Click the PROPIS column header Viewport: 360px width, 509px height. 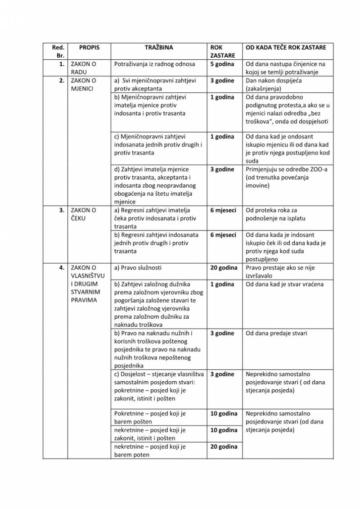pyautogui.click(x=89, y=47)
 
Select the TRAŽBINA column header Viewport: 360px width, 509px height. pyautogui.click(x=159, y=47)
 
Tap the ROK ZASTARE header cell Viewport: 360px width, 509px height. pyautogui.click(x=222, y=51)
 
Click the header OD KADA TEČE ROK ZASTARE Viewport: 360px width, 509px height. pyautogui.click(x=286, y=47)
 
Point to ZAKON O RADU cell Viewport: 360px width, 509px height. pyautogui.click(x=84, y=68)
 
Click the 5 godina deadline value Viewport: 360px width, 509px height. pyautogui.click(x=222, y=64)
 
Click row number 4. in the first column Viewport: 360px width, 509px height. pyautogui.click(x=61, y=268)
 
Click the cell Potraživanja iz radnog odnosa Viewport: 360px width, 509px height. pyautogui.click(x=155, y=64)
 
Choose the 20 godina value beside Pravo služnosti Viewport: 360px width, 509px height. pyautogui.click(x=224, y=268)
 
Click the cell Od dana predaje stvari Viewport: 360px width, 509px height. pyautogui.click(x=277, y=333)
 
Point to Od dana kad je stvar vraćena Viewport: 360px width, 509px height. pyautogui.click(x=284, y=284)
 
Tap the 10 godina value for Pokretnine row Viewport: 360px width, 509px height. pyautogui.click(x=224, y=414)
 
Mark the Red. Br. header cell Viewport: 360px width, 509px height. pyautogui.click(x=58, y=51)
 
